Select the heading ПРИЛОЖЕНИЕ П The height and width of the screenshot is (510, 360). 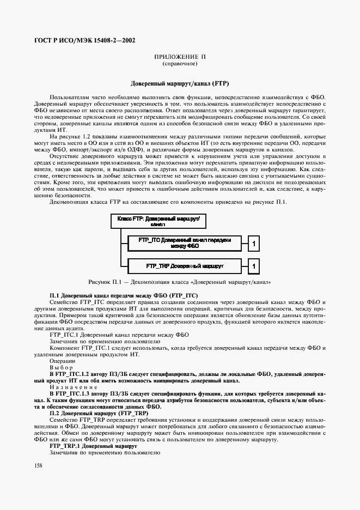point(180,57)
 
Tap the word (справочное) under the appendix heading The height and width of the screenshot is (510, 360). point(180,64)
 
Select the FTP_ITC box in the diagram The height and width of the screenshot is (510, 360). point(185,243)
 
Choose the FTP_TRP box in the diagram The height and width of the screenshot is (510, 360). point(185,266)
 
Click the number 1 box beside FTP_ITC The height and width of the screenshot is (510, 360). point(253,243)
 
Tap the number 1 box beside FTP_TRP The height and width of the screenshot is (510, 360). point(253,266)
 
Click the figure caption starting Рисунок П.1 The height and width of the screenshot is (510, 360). point(180,282)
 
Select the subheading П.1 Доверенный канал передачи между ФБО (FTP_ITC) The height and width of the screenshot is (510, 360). point(124,295)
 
